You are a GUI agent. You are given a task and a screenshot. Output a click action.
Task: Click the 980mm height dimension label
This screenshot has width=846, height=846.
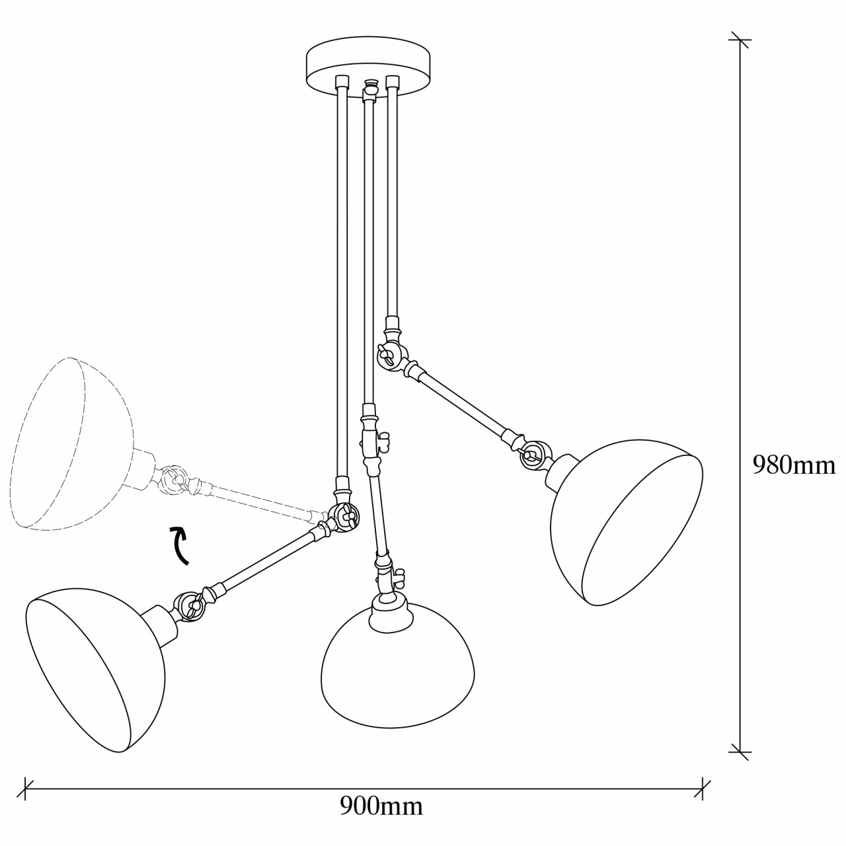[794, 465]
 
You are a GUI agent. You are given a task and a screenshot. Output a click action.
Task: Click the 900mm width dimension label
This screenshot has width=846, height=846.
[381, 806]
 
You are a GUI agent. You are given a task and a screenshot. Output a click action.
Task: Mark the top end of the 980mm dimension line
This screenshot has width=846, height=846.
[739, 40]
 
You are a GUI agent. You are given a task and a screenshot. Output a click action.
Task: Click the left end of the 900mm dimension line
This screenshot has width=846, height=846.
[26, 786]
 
